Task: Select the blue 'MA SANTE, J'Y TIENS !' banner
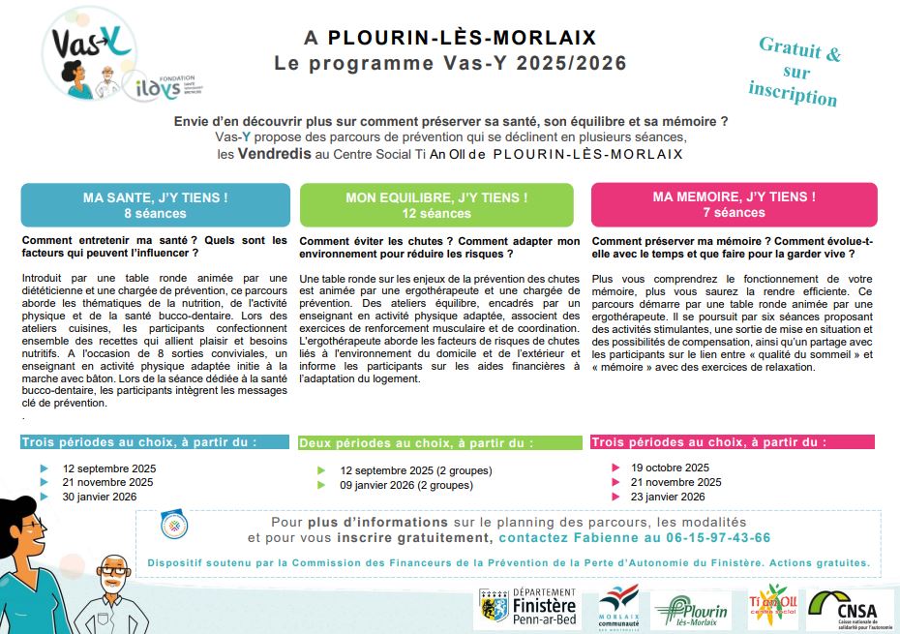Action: (156, 204)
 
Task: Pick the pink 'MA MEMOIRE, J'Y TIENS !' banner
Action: (734, 203)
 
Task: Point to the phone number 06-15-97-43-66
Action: (715, 537)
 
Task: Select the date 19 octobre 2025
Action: (670, 468)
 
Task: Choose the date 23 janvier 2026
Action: (668, 497)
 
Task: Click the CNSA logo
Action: (851, 608)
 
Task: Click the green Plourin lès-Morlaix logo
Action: (691, 609)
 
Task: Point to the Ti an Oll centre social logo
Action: (772, 605)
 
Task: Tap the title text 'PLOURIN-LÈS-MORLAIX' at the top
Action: (462, 39)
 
